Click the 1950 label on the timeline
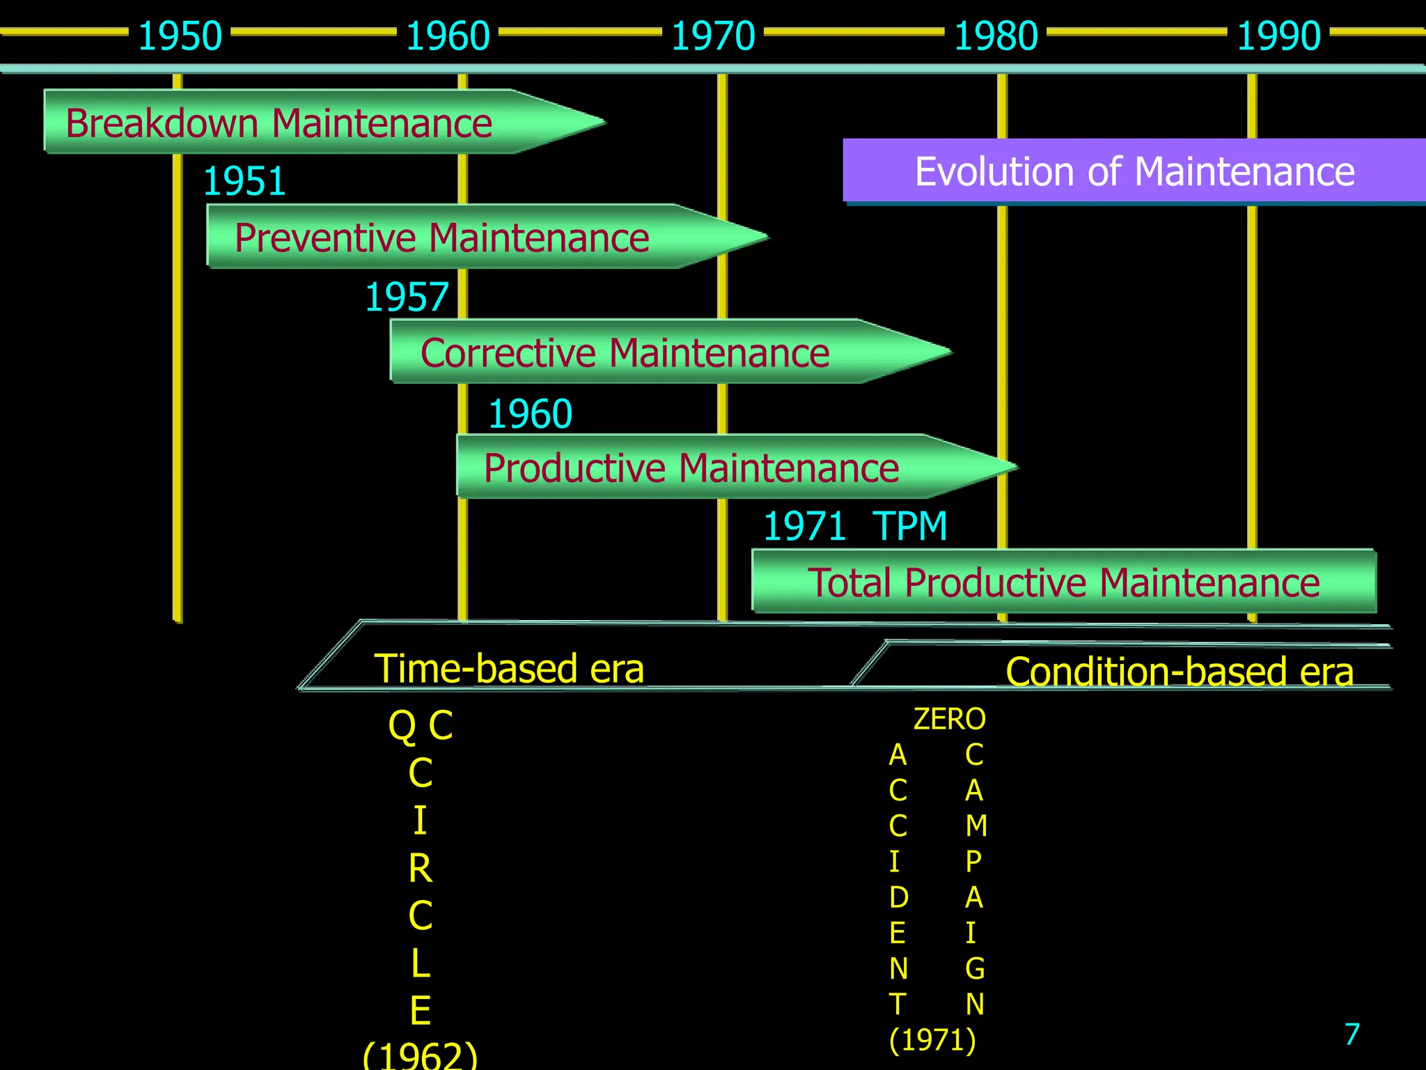[x=180, y=36]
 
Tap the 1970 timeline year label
[x=713, y=36]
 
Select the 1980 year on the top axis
[x=996, y=36]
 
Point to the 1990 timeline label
[x=1278, y=36]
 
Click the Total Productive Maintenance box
[x=1063, y=582]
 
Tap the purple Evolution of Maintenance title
[x=1134, y=171]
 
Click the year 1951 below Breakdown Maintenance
[x=244, y=182]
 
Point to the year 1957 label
[x=407, y=297]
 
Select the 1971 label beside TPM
[x=804, y=526]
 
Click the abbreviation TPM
[x=910, y=526]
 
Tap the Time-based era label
[x=509, y=669]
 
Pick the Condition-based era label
[x=1180, y=672]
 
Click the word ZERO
[x=949, y=719]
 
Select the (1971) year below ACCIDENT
[x=932, y=1040]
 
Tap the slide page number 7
[x=1351, y=1034]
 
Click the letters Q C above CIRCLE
[x=421, y=725]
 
